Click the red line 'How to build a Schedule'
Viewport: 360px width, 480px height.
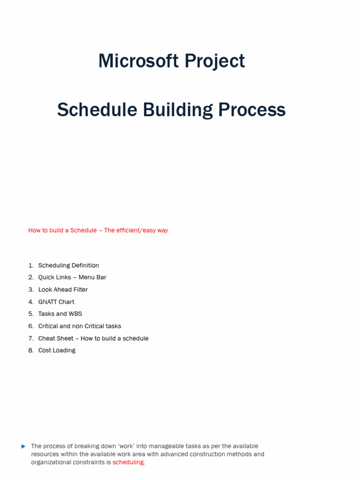pos(62,231)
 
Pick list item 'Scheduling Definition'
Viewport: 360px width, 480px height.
pos(68,265)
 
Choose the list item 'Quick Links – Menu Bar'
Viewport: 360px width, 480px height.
pos(72,277)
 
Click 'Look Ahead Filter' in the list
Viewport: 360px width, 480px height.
pos(63,290)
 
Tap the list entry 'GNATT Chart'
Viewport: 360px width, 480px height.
pos(56,302)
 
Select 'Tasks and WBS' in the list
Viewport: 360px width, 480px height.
pos(60,314)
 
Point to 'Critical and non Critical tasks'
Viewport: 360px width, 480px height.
pos(80,326)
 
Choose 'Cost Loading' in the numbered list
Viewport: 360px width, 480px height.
pos(57,351)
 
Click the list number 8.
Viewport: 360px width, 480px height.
pos(30,351)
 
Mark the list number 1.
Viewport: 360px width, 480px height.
pos(30,265)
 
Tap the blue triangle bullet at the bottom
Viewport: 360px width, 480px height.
pos(23,446)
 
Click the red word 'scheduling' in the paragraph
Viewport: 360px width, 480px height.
pos(128,462)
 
